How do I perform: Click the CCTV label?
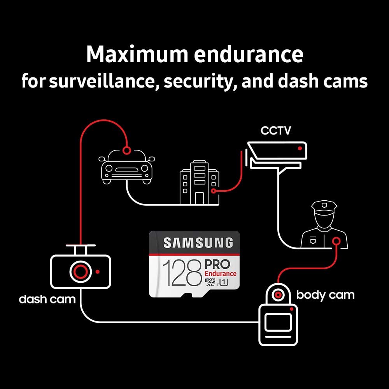pyautogui.click(x=275, y=130)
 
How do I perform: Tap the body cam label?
pyautogui.click(x=325, y=295)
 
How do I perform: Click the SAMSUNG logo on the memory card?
pyautogui.click(x=198, y=243)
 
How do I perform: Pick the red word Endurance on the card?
pyautogui.click(x=221, y=273)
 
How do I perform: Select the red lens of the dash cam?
pyautogui.click(x=81, y=271)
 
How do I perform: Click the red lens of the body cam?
pyautogui.click(x=278, y=295)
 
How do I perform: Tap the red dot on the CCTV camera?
pyautogui.click(x=300, y=149)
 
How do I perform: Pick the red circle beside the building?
pyautogui.click(x=214, y=191)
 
